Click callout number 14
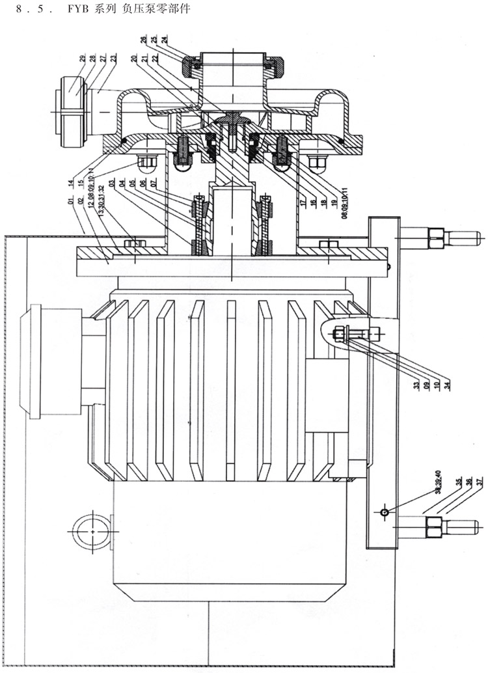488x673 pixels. (x=70, y=184)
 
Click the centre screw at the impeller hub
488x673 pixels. (x=231, y=121)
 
